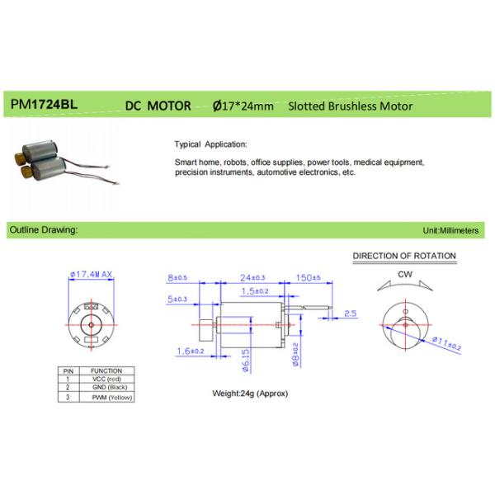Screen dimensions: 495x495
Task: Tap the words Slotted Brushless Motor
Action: coord(350,106)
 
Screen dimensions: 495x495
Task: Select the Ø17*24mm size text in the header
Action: coord(245,106)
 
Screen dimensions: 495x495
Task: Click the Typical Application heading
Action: coord(211,142)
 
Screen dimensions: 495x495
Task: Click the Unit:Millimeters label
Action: coord(450,231)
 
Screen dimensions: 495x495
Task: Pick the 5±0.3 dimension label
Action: coord(177,299)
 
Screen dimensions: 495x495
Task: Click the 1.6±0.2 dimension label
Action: coord(189,351)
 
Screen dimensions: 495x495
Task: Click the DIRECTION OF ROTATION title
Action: coord(404,257)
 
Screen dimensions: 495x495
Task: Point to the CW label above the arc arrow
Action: coord(404,273)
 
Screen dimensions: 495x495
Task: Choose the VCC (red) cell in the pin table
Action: coord(106,378)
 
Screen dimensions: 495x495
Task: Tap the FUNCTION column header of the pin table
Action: coord(106,370)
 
